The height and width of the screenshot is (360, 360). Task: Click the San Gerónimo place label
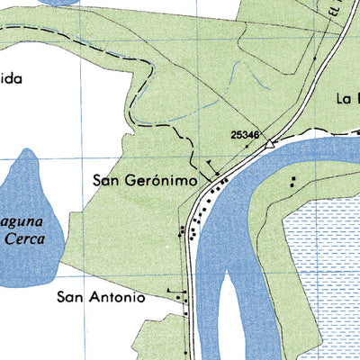coord(145,180)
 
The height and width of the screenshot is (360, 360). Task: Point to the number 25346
coord(245,135)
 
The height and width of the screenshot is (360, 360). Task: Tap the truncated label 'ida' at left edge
coord(9,78)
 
